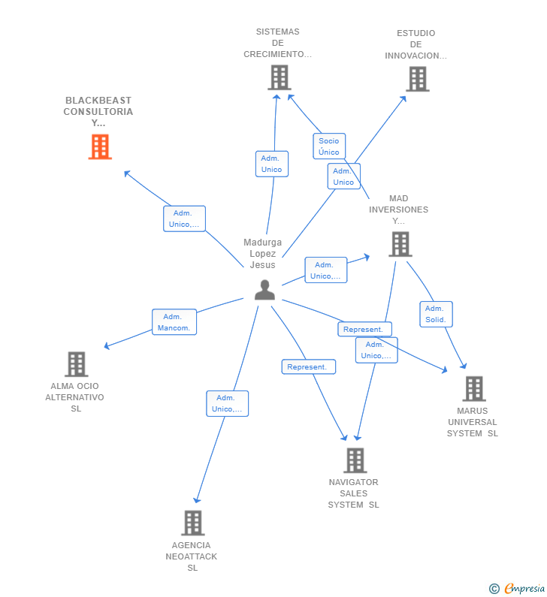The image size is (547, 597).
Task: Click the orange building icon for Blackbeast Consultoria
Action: point(100,147)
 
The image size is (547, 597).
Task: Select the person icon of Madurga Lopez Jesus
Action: point(264,290)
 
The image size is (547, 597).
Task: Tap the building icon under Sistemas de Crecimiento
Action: point(279,77)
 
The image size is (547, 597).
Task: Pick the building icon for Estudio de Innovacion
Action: point(417,79)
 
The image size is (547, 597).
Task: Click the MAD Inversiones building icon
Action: point(400,244)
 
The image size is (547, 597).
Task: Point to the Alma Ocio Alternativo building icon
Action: point(76,364)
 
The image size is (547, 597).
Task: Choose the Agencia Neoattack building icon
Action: point(192,523)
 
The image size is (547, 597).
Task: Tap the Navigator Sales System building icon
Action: point(355,460)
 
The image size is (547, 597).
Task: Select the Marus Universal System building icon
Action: point(473,389)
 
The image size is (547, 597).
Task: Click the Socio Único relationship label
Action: point(328,146)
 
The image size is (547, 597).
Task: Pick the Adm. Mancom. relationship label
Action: point(174,322)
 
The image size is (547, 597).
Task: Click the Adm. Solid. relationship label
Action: point(436,314)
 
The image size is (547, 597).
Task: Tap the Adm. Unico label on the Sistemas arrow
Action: point(271,164)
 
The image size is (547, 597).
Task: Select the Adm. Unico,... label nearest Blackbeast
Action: point(184,219)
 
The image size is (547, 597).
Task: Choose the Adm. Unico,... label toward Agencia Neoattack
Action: point(227,403)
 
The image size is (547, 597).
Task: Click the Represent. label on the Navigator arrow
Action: point(308,366)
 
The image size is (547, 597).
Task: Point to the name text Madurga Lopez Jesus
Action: point(263,254)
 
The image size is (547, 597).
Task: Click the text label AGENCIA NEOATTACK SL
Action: point(192,556)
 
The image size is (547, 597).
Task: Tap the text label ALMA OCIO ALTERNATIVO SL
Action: point(75,397)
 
